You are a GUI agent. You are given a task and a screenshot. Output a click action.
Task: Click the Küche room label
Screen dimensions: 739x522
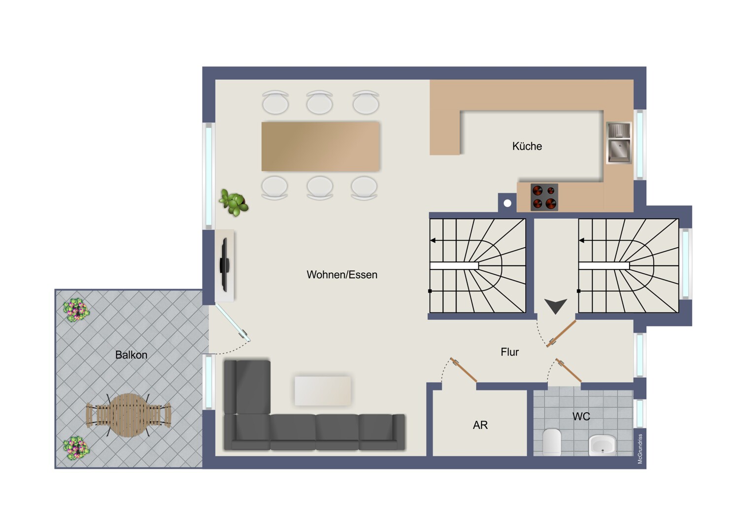tap(527, 146)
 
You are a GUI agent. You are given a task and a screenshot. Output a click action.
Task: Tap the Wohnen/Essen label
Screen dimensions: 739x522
tap(342, 275)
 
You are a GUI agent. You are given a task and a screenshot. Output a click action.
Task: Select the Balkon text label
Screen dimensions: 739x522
tap(131, 355)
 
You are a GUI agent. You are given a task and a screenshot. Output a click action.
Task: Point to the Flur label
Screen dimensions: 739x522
tap(510, 352)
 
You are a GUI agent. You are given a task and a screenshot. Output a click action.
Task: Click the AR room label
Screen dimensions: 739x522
tap(480, 425)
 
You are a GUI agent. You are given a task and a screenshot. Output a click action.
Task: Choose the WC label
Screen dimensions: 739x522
tap(581, 417)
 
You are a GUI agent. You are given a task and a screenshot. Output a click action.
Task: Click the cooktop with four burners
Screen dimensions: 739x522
tap(544, 197)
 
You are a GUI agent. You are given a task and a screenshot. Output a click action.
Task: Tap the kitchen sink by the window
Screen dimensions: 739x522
tap(619, 143)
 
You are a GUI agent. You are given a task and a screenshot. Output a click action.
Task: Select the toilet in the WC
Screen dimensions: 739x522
tap(552, 442)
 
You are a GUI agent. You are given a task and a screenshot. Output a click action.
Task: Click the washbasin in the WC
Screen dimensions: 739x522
tap(602, 445)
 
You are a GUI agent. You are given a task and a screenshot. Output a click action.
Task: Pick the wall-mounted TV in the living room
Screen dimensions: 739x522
tap(225, 265)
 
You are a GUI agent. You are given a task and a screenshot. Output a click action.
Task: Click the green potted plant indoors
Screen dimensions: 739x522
tap(234, 202)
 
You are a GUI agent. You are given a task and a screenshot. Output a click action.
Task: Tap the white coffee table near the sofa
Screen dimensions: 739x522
tap(323, 391)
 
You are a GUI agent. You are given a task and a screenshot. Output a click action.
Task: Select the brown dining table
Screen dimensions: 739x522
tap(320, 147)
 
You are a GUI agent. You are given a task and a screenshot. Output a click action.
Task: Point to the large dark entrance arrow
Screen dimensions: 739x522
tap(556, 306)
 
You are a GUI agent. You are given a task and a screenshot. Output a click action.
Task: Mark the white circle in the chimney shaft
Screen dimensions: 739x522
tap(507, 203)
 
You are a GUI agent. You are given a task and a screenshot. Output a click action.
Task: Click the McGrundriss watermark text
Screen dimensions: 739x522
tap(640, 449)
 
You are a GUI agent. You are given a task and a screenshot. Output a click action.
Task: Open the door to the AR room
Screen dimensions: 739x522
tap(464, 370)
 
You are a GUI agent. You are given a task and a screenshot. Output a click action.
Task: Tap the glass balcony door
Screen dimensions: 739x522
tap(233, 323)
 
